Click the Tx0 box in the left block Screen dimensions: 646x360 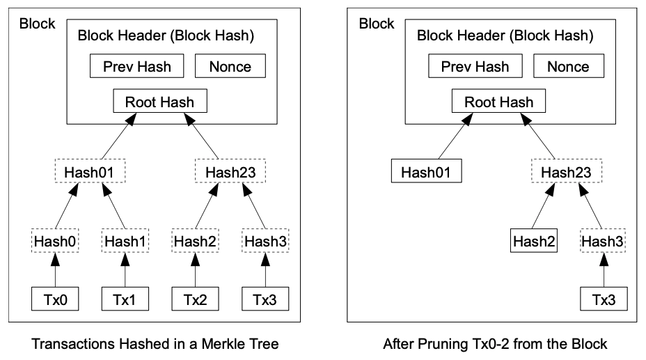tap(55, 299)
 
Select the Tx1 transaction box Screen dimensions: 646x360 tap(125, 299)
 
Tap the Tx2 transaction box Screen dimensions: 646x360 tap(196, 299)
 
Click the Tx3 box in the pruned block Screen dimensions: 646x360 tap(604, 299)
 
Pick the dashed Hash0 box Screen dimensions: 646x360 tap(55, 240)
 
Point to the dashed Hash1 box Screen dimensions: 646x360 tap(125, 240)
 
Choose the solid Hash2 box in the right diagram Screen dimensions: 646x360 tap(534, 240)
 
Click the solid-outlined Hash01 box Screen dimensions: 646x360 tap(427, 171)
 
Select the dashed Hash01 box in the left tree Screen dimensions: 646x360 tap(90, 171)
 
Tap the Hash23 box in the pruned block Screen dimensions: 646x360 tap(567, 171)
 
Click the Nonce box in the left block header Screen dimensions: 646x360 tap(230, 66)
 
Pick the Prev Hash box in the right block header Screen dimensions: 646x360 tap(475, 66)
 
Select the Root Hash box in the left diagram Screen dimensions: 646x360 tap(160, 101)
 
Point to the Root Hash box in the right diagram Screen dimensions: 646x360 tap(499, 101)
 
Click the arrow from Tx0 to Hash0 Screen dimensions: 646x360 tap(55, 270)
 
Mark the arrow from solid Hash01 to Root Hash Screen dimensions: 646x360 tap(456, 136)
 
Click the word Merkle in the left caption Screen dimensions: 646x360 tap(219, 344)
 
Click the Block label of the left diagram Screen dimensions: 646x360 tap(37, 24)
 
